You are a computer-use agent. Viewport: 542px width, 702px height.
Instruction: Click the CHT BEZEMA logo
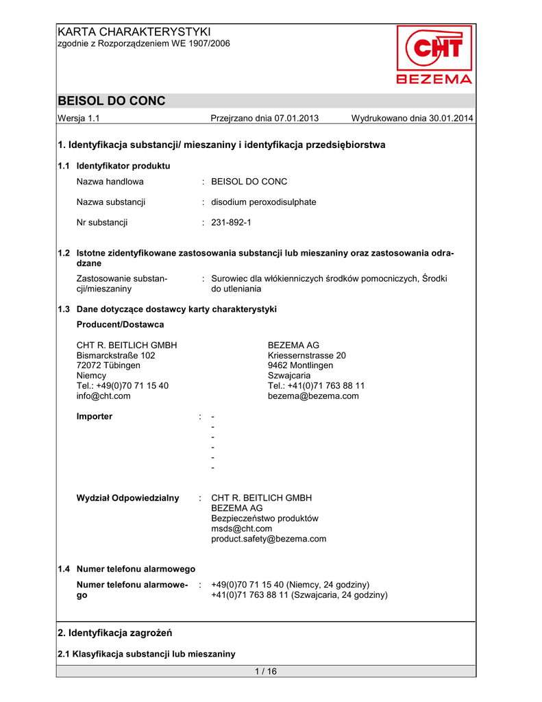click(x=434, y=55)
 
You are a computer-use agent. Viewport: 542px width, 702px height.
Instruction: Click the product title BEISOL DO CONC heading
click(x=112, y=101)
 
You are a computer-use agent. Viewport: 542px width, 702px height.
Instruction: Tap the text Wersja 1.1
click(x=79, y=119)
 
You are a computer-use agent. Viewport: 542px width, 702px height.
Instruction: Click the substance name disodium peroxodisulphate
click(x=264, y=202)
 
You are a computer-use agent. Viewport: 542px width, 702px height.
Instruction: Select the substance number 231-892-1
click(x=232, y=222)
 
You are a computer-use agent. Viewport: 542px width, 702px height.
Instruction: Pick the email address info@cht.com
click(x=103, y=396)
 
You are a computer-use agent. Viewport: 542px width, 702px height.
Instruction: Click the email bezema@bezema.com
click(x=313, y=396)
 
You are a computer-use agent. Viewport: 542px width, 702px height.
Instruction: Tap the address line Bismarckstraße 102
click(x=116, y=355)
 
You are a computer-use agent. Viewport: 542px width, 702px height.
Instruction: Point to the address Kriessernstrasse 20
click(x=307, y=355)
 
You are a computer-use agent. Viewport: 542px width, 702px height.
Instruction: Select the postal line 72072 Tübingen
click(x=108, y=365)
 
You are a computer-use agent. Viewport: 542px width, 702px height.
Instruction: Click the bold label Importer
click(x=95, y=416)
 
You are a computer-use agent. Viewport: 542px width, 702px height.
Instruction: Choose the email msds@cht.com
click(x=242, y=529)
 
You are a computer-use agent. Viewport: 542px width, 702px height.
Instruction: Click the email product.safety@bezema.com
click(x=269, y=539)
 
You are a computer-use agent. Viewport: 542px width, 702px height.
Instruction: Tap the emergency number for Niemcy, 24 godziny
click(x=291, y=585)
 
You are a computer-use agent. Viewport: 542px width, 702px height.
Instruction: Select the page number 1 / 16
click(x=265, y=671)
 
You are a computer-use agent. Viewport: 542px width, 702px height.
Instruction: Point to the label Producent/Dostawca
click(x=121, y=324)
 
